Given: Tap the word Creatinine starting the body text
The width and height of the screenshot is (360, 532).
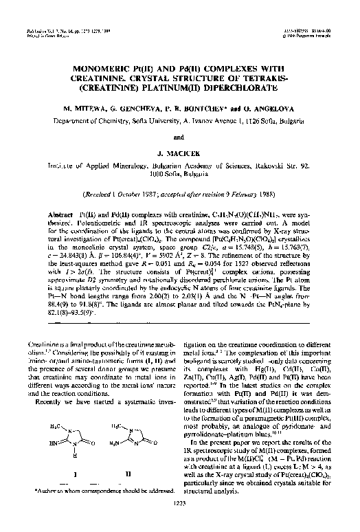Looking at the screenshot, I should [38, 342].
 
